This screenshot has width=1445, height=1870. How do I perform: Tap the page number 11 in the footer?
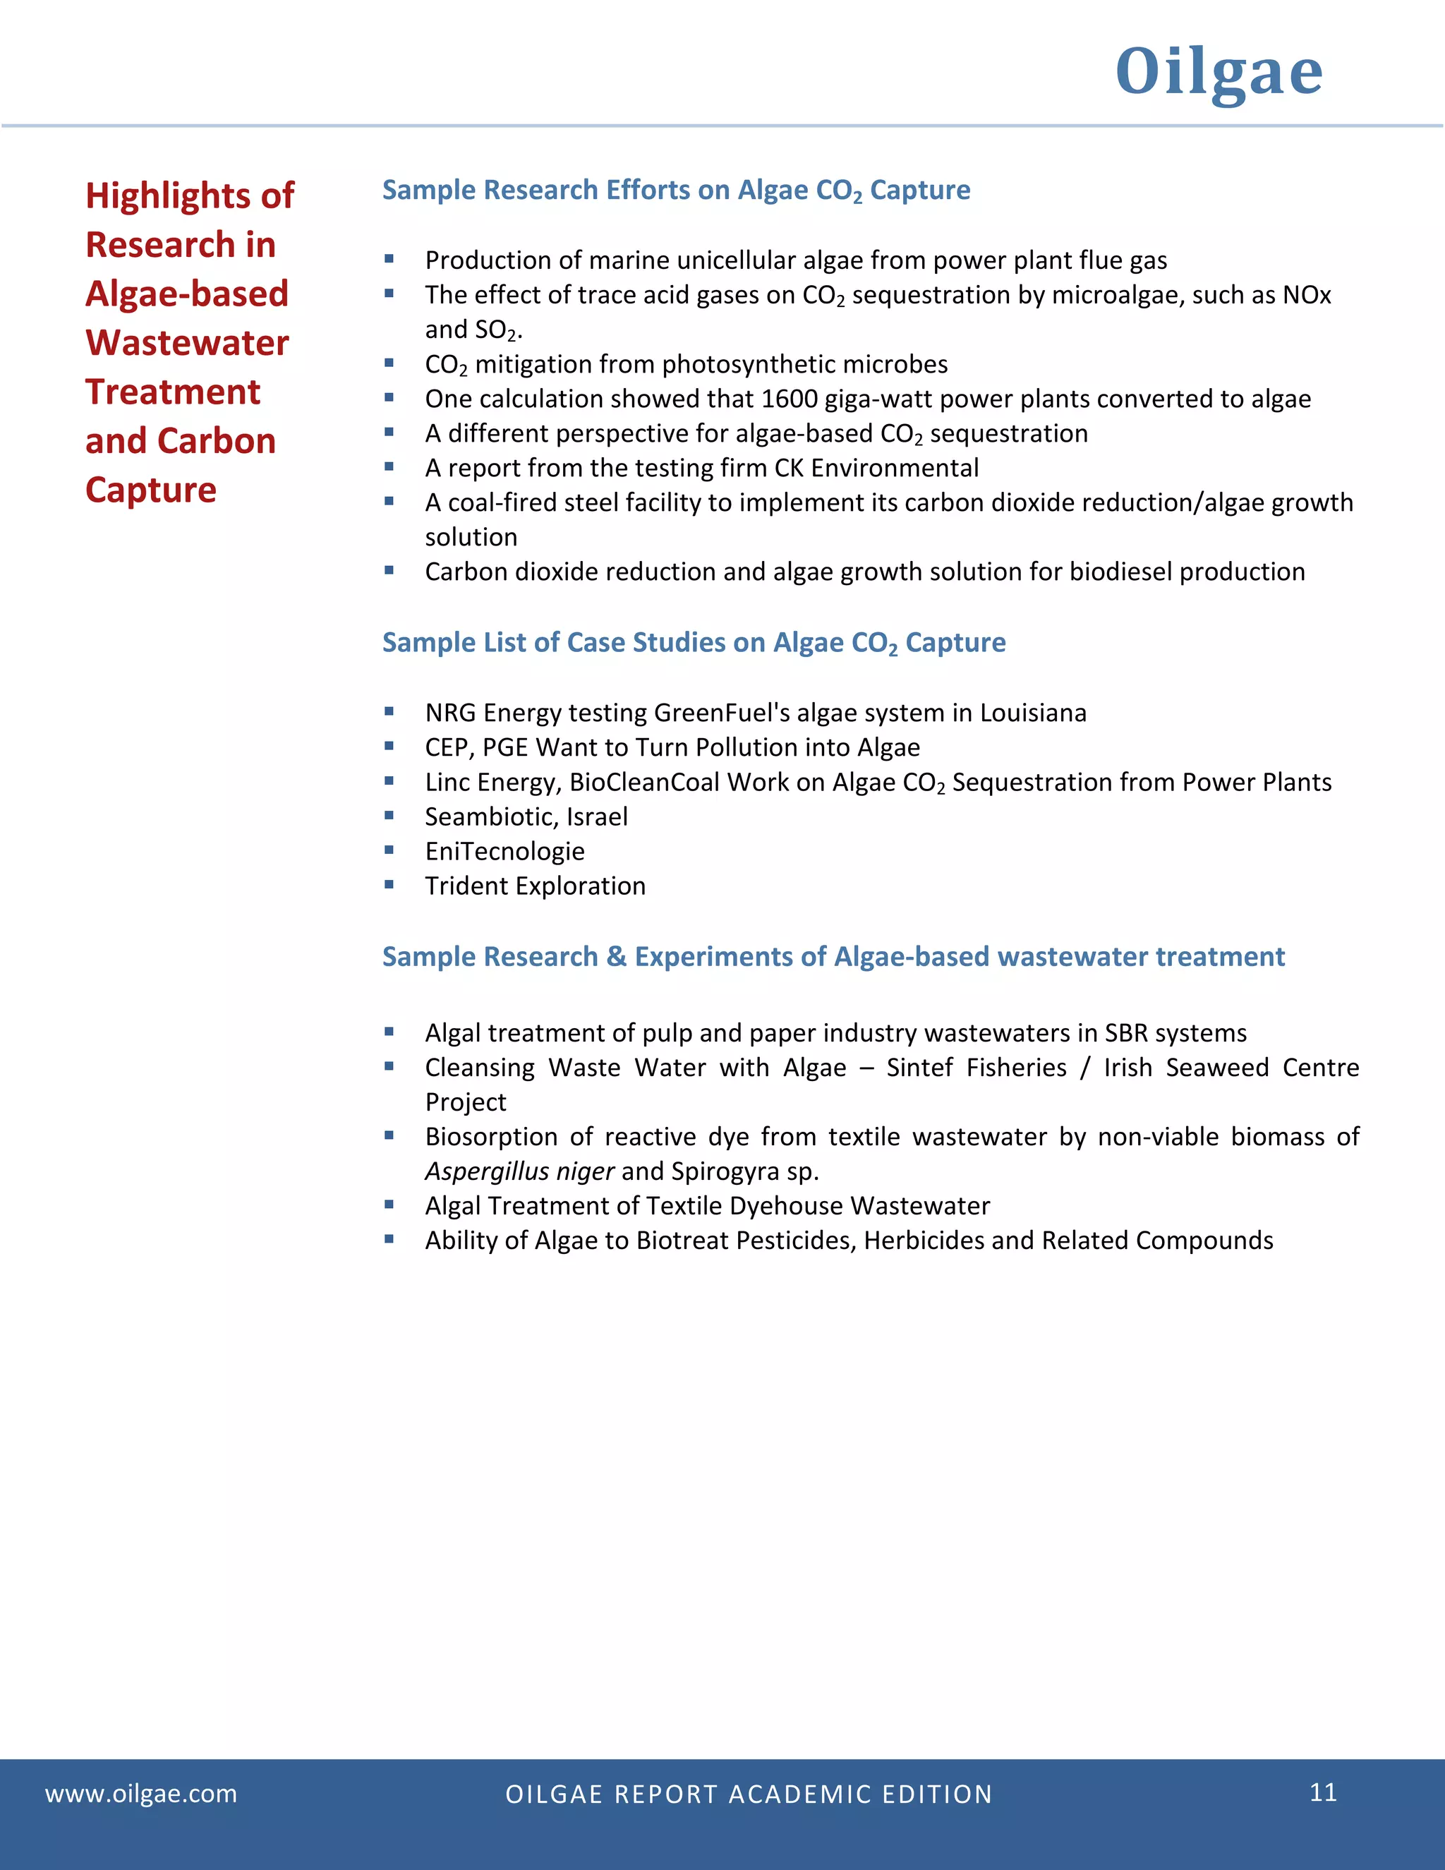coord(1323,1792)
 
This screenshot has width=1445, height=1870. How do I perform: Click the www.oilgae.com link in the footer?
coord(141,1793)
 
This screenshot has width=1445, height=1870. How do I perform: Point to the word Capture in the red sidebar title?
coord(151,490)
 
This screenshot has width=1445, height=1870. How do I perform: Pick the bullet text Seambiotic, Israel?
coord(526,817)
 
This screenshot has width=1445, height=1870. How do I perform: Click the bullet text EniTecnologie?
coord(505,851)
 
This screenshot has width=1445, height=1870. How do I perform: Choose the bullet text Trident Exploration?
coord(535,886)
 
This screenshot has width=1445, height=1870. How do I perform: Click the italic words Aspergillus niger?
coord(519,1171)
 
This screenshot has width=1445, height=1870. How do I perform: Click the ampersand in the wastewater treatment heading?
coord(617,956)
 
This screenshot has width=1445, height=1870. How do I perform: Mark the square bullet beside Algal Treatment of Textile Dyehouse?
coord(389,1205)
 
